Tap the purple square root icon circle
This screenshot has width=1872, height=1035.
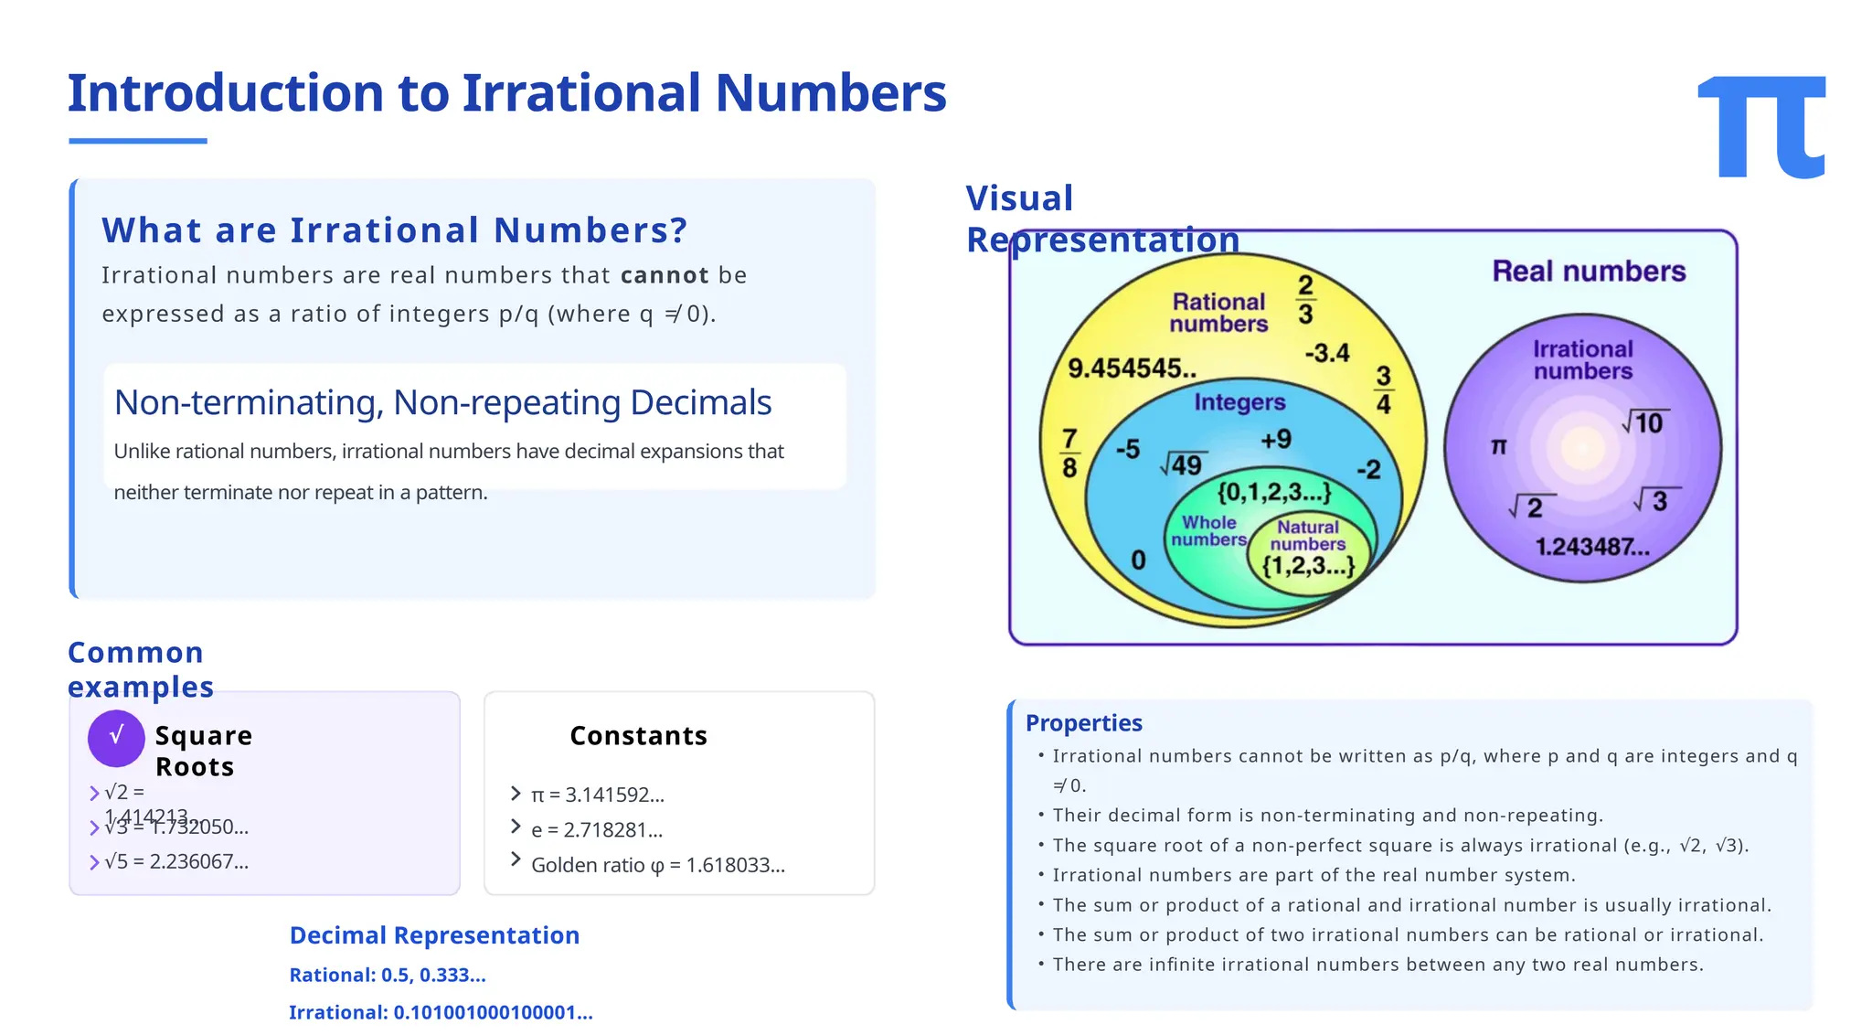[x=116, y=738]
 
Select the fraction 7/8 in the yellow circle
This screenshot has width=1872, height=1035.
[x=1069, y=453]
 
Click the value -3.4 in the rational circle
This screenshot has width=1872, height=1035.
[x=1327, y=353]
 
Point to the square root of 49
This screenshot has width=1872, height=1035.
[x=1183, y=464]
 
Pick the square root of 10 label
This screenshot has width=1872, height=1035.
[x=1645, y=422]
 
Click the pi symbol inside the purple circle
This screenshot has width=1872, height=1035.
[x=1499, y=446]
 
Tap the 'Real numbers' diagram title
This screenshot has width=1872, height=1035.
[x=1589, y=272]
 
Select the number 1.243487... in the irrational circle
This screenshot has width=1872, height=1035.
[x=1592, y=547]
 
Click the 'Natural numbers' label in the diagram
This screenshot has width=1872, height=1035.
[x=1308, y=536]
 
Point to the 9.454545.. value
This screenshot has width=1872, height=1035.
[x=1132, y=368]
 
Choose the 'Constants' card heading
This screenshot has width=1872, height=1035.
[x=638, y=736]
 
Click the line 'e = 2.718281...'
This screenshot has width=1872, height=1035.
[x=597, y=830]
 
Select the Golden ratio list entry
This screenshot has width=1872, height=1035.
[x=657, y=865]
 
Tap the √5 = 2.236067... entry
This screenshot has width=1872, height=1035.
[x=176, y=861]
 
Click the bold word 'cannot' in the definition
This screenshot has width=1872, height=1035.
[x=665, y=275]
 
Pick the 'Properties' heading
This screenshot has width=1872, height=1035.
[x=1083, y=723]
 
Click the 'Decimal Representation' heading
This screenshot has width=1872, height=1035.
[x=434, y=935]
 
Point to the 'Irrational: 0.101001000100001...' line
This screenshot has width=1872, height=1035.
[x=441, y=1012]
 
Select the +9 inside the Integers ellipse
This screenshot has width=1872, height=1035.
[x=1276, y=440]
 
